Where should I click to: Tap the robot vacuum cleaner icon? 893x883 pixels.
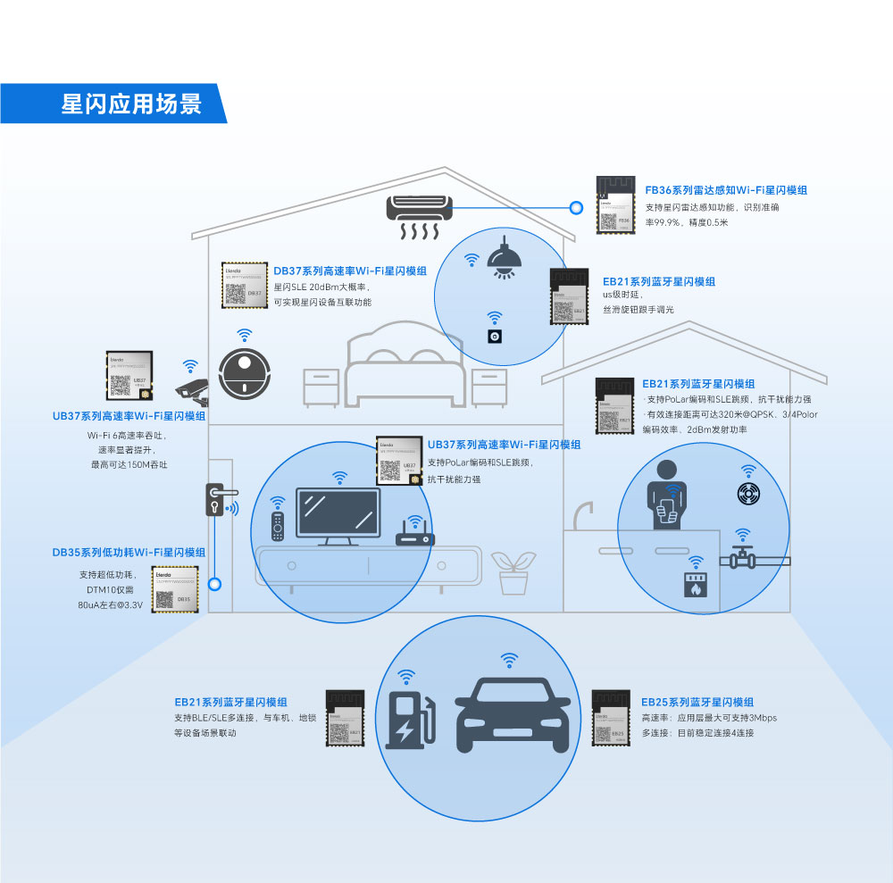coord(242,374)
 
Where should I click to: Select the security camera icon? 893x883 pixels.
coord(192,389)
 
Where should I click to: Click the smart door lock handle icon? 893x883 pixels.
coord(216,500)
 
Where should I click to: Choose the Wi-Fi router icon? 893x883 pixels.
coord(414,534)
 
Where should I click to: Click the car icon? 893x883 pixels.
coord(509,714)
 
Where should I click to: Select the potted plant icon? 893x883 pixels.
coord(513,572)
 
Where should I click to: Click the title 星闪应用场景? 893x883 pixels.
coord(131,104)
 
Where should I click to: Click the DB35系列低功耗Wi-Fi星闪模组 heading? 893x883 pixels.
coord(129,553)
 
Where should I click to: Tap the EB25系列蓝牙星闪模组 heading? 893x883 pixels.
coord(697,703)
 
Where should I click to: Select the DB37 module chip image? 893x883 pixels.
coord(245,285)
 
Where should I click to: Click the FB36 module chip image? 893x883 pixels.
coord(615,205)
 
